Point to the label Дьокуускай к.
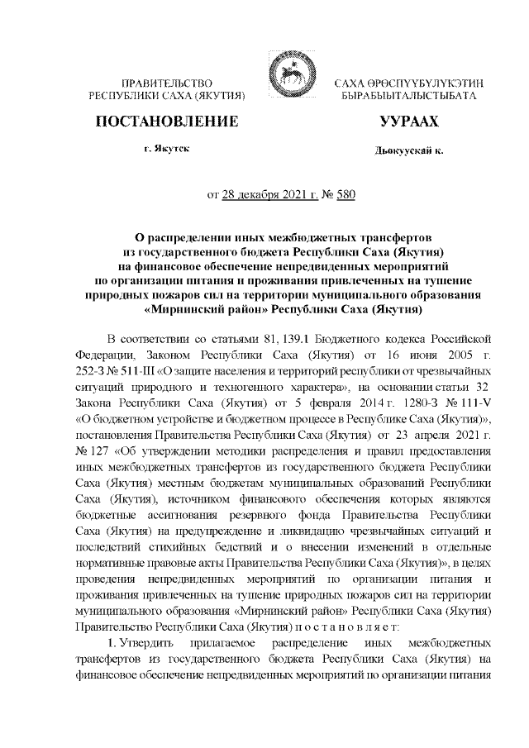tap(408, 151)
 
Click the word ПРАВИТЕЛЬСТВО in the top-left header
tap(168, 84)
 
